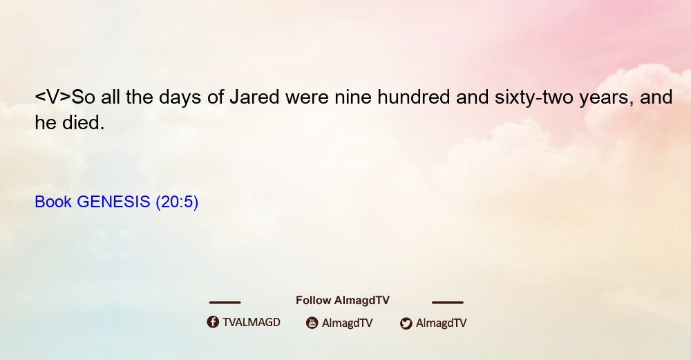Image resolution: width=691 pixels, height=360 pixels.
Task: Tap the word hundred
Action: click(x=413, y=97)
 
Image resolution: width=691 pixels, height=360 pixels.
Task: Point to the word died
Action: click(x=83, y=123)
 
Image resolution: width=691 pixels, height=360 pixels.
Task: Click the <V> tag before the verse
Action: click(x=53, y=97)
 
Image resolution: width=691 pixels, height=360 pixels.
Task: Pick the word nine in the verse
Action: click(x=353, y=98)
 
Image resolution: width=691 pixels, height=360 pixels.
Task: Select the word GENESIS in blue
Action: click(x=114, y=202)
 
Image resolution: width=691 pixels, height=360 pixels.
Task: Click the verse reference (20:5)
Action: click(x=177, y=202)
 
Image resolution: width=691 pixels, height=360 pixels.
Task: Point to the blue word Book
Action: click(x=53, y=202)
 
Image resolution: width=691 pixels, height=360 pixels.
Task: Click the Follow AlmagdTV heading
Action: click(x=343, y=301)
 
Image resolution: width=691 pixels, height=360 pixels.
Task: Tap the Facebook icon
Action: click(x=213, y=322)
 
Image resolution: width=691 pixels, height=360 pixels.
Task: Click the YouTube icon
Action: click(x=312, y=323)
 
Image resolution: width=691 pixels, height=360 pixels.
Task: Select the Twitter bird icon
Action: click(x=406, y=323)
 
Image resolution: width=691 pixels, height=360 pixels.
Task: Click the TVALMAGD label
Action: click(x=252, y=323)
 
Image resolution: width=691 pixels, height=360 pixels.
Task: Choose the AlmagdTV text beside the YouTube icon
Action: click(x=348, y=323)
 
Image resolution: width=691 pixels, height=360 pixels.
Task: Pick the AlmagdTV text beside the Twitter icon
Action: click(x=441, y=323)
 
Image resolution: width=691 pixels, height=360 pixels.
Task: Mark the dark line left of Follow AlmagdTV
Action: click(x=225, y=302)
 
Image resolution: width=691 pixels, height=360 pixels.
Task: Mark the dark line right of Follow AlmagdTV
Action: click(x=448, y=302)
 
